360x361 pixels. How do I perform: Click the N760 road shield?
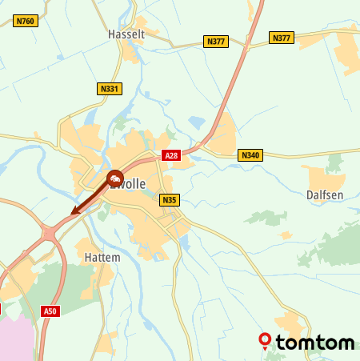click(25, 21)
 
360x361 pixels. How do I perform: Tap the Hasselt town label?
click(126, 35)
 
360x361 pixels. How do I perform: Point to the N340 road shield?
click(250, 154)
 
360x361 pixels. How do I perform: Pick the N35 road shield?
click(168, 200)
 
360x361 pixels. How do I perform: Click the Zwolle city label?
click(130, 185)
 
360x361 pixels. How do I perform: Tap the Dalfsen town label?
click(324, 195)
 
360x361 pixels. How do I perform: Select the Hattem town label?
click(102, 258)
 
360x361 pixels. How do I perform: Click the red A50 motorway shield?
click(50, 311)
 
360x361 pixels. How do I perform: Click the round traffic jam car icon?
click(115, 178)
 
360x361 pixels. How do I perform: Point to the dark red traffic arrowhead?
click(74, 212)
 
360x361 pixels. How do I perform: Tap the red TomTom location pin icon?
click(265, 341)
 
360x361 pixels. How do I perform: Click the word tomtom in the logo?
click(315, 343)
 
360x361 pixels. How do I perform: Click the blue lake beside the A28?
click(196, 122)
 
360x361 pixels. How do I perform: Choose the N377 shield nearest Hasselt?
click(215, 41)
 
